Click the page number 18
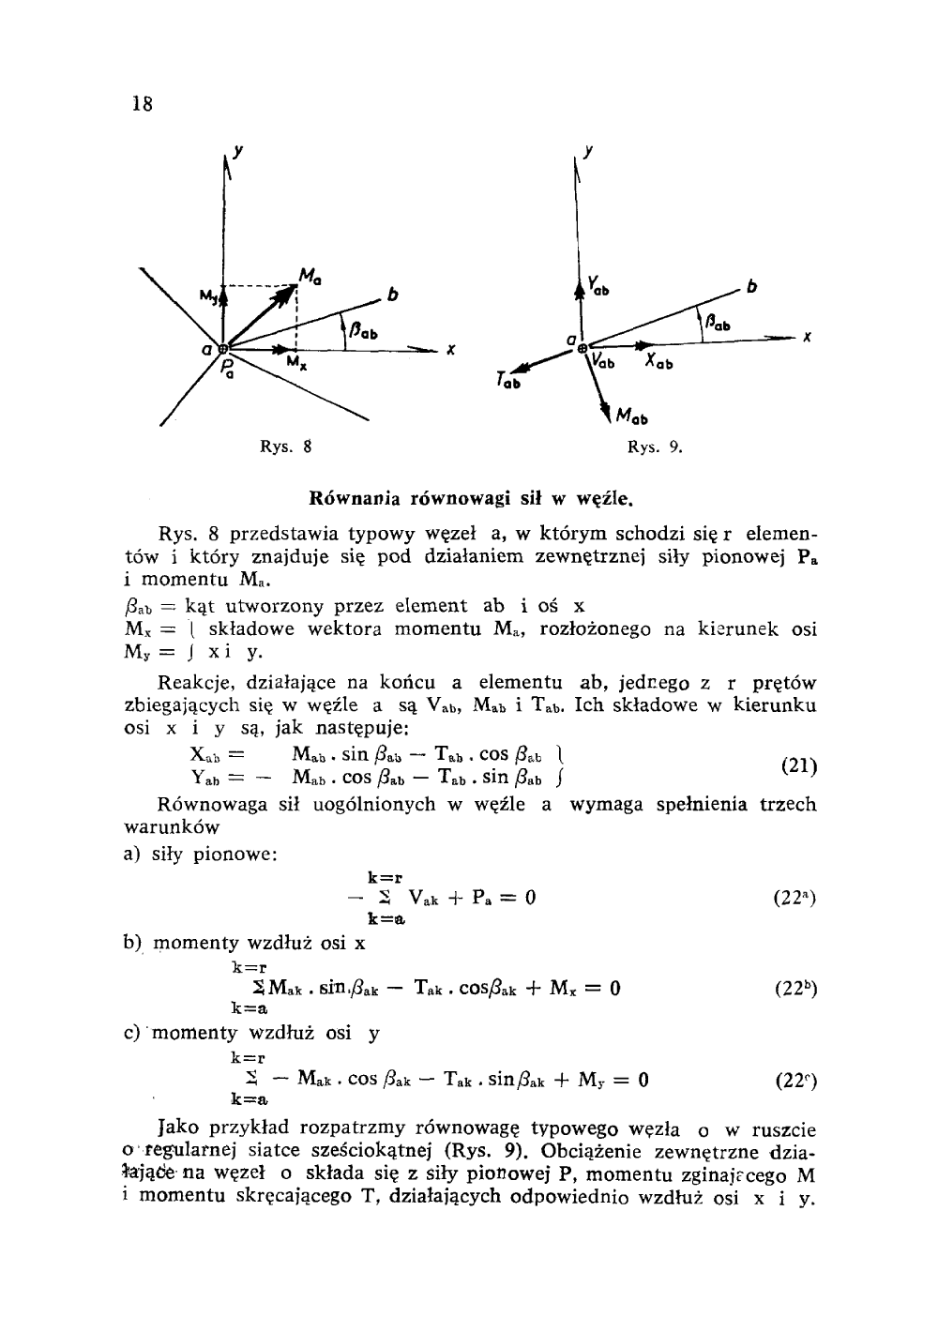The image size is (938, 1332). [143, 103]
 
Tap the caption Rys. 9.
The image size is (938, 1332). [654, 447]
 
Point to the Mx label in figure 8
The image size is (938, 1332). [295, 363]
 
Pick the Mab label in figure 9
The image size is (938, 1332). [631, 416]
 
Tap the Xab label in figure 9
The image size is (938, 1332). [659, 362]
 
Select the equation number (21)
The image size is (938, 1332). [798, 765]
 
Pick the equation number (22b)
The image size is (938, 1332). [796, 988]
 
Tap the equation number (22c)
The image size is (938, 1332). [797, 1079]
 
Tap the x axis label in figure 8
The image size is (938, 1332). [451, 352]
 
